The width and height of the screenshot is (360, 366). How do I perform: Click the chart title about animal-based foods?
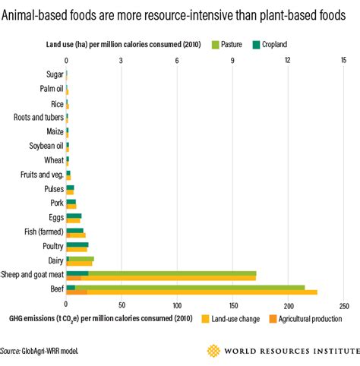179,12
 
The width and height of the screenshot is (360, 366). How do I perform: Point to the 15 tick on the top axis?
343,60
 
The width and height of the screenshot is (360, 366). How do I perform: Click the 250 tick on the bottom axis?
343,306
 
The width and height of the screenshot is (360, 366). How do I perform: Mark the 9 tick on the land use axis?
232,60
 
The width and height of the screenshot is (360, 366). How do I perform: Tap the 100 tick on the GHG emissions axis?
177,306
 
